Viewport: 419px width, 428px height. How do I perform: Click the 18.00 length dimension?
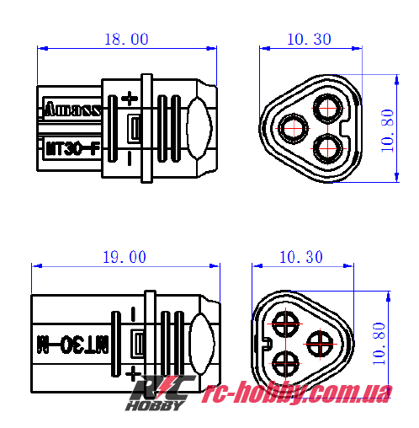(126, 40)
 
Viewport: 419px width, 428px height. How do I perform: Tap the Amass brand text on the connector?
(72, 109)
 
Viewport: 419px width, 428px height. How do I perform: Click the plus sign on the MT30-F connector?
(130, 99)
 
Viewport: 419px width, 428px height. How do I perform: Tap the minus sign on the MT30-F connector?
(129, 158)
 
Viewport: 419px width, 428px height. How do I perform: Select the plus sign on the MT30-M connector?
(131, 372)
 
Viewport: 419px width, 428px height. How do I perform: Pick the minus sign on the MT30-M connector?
(133, 314)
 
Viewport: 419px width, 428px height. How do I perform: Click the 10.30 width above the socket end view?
(308, 40)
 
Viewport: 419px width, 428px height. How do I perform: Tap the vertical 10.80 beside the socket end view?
(386, 128)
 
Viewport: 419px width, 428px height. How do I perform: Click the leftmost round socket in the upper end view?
(293, 126)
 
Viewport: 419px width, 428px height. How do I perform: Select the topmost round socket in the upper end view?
(326, 107)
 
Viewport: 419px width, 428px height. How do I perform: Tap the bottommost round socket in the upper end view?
(326, 148)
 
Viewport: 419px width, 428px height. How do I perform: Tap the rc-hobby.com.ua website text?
(298, 392)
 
